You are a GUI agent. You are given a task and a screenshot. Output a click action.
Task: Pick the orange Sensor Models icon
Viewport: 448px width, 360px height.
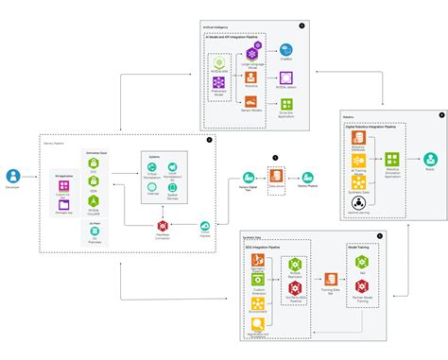click(x=251, y=100)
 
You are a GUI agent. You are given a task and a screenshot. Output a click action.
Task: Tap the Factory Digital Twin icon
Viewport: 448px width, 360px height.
click(x=249, y=176)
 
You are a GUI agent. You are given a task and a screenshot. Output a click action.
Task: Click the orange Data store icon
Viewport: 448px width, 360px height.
click(x=276, y=177)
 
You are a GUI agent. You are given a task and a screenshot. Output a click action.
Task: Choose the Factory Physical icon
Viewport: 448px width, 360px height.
click(x=307, y=177)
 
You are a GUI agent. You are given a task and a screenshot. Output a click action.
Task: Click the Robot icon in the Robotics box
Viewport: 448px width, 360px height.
click(x=430, y=159)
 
